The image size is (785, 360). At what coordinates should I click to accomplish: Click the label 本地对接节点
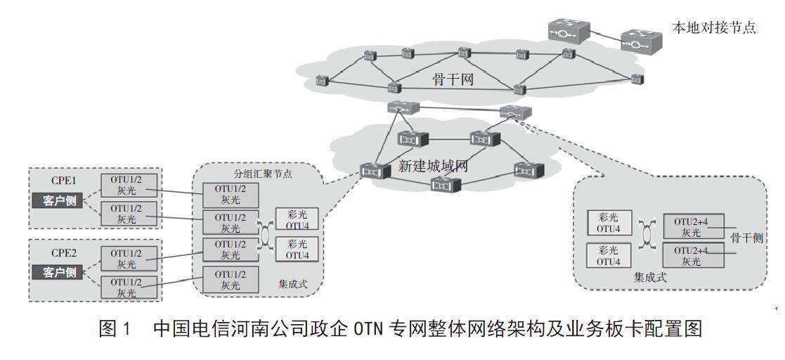click(x=713, y=29)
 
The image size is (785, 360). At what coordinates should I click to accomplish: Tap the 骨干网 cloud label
click(x=453, y=79)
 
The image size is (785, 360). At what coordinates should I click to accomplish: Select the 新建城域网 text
click(x=433, y=167)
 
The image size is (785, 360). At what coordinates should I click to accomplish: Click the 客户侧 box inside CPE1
click(x=58, y=200)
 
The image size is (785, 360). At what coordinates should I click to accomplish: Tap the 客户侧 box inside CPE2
click(x=58, y=273)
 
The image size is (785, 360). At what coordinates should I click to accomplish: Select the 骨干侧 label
click(x=746, y=237)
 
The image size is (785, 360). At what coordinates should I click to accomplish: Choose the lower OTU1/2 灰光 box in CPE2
click(x=126, y=287)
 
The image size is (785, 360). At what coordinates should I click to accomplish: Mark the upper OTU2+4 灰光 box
click(x=692, y=227)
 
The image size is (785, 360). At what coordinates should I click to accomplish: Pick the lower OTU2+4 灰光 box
click(x=692, y=255)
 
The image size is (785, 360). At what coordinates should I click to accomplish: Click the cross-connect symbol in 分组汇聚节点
click(x=266, y=236)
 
